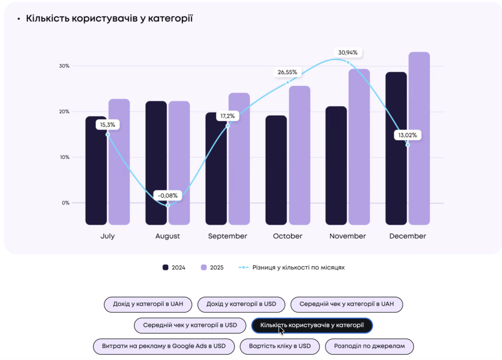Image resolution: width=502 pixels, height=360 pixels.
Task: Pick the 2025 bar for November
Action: pyautogui.click(x=359, y=147)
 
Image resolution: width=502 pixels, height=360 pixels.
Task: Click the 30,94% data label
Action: pyautogui.click(x=348, y=52)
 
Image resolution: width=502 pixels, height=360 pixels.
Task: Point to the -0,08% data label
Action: pyautogui.click(x=168, y=195)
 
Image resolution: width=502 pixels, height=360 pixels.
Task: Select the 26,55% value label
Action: pyautogui.click(x=287, y=72)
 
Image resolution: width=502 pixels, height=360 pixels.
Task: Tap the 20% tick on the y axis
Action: pyautogui.click(x=64, y=111)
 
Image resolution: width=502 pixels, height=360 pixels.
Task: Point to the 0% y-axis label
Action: pyautogui.click(x=66, y=203)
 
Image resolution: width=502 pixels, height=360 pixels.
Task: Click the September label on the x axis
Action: pyautogui.click(x=227, y=236)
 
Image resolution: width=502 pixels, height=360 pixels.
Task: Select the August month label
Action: pyautogui.click(x=168, y=236)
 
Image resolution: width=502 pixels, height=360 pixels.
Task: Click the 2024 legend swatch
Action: pyautogui.click(x=166, y=267)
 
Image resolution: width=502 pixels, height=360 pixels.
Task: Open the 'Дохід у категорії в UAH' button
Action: pyautogui.click(x=148, y=304)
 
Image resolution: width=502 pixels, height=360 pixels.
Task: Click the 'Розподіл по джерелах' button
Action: pyautogui.click(x=369, y=346)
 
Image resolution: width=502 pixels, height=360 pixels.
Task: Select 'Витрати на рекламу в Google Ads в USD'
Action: pyautogui.click(x=164, y=346)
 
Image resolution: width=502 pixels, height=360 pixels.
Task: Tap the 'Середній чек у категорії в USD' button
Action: pyautogui.click(x=190, y=325)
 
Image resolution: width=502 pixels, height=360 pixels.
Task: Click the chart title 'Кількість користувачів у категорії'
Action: pyautogui.click(x=109, y=19)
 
